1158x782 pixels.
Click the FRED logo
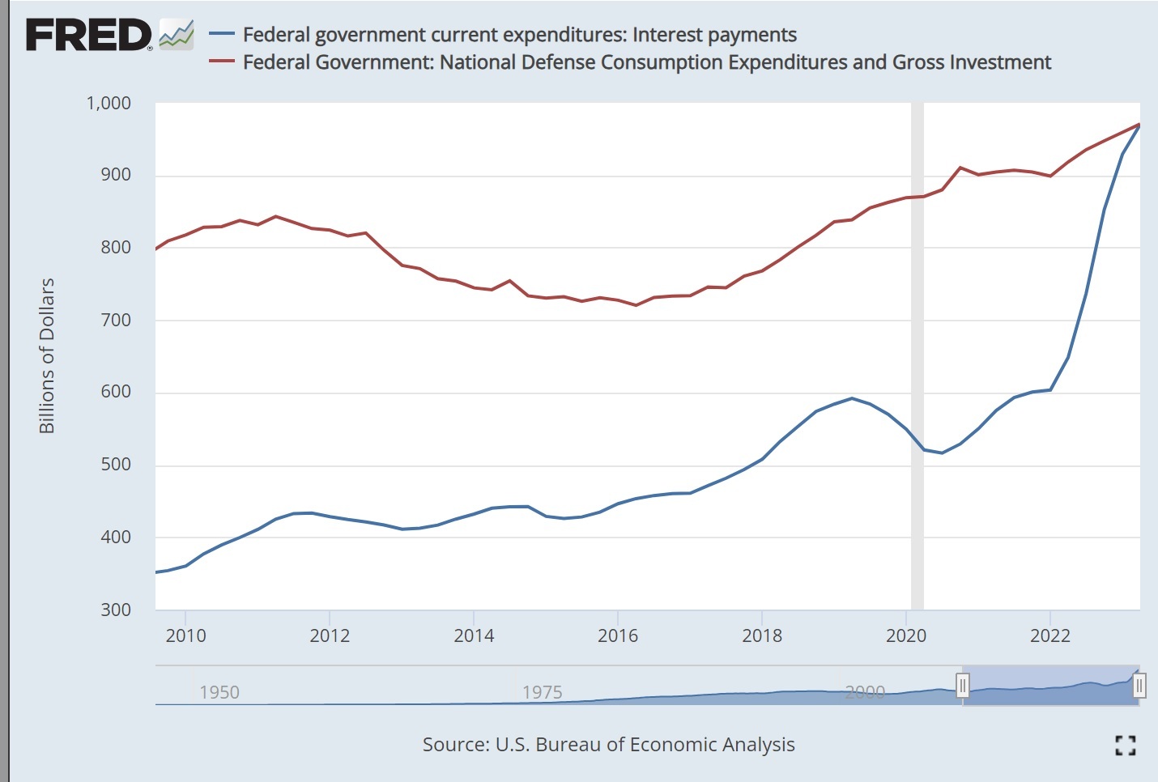click(89, 35)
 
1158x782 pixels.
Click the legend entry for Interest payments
click(519, 35)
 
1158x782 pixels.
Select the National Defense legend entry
click(646, 62)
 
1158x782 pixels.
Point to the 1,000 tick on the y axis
click(109, 104)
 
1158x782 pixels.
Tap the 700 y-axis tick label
click(116, 320)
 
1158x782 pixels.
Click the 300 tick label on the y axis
click(116, 610)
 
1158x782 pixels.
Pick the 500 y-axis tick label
click(116, 465)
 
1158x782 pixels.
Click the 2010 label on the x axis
click(185, 635)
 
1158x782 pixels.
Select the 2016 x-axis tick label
click(618, 635)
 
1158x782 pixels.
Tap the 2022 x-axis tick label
click(1050, 635)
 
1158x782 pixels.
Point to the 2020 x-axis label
click(906, 635)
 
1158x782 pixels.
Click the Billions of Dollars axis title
click(47, 355)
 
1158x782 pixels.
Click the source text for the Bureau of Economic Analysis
click(608, 745)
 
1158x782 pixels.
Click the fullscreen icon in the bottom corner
click(1126, 746)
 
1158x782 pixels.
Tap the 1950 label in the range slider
click(219, 692)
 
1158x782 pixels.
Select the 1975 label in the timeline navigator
click(542, 692)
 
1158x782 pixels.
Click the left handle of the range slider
click(962, 686)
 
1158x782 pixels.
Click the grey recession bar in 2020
click(917, 356)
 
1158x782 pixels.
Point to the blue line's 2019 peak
click(852, 398)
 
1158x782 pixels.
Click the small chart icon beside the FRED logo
click(177, 35)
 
